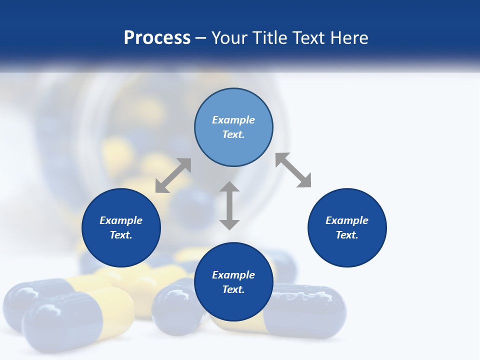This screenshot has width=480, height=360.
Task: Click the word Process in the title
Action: [x=157, y=38]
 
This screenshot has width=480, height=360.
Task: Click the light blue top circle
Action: [x=233, y=127]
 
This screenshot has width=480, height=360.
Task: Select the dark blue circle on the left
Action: [x=121, y=227]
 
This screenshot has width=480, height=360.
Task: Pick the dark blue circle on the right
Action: [x=347, y=227]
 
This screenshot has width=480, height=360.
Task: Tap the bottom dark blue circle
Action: [x=233, y=282]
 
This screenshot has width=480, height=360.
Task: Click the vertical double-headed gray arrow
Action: [x=229, y=205]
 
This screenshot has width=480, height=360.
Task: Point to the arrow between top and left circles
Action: [x=173, y=175]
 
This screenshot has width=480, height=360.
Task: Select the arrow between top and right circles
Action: [x=293, y=170]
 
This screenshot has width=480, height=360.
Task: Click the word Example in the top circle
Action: [x=233, y=120]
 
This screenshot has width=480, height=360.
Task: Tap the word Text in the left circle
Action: [x=121, y=235]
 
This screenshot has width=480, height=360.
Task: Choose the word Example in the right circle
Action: [x=347, y=220]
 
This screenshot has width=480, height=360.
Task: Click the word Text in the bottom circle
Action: [x=233, y=289]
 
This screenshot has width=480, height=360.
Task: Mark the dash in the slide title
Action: [x=201, y=38]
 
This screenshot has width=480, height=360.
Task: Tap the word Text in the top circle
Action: [x=233, y=134]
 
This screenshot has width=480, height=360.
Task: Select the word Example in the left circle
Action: [x=121, y=220]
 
